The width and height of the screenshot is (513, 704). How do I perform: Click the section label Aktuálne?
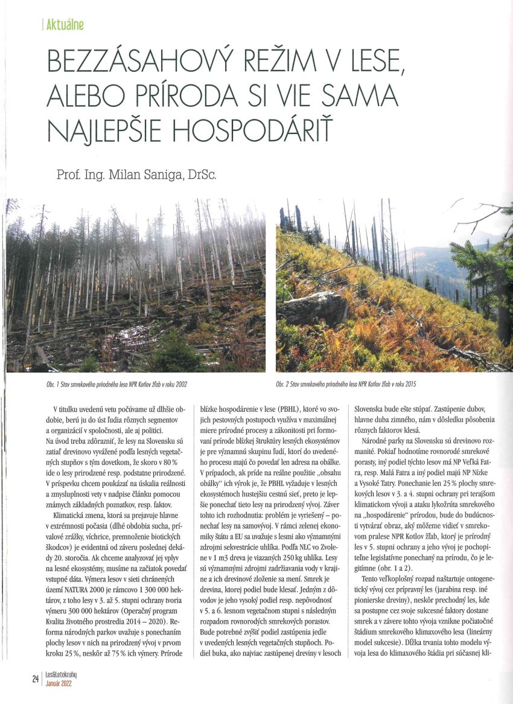(x=65, y=25)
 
